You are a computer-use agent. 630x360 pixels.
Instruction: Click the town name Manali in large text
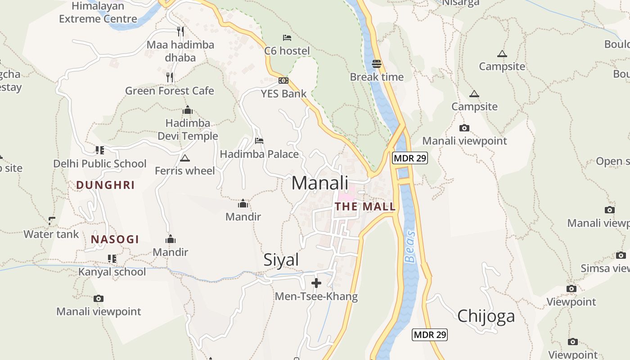click(x=320, y=183)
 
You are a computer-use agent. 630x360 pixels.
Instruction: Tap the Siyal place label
click(x=281, y=260)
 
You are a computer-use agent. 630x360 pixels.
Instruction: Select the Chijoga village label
click(x=486, y=316)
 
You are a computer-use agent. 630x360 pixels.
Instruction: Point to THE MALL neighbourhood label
click(x=365, y=207)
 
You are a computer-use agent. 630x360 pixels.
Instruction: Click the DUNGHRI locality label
click(x=105, y=185)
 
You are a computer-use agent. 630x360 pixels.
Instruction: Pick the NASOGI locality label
click(x=115, y=239)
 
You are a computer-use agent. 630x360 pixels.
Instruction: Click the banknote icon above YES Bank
click(x=283, y=81)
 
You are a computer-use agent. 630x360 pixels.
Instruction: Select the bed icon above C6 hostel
click(x=287, y=38)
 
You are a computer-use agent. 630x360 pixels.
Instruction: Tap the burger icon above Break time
click(x=377, y=64)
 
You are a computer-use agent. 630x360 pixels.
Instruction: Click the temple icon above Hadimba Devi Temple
click(x=188, y=110)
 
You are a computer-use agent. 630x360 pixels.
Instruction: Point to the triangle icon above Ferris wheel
click(x=184, y=158)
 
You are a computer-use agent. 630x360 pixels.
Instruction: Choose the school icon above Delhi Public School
click(x=99, y=150)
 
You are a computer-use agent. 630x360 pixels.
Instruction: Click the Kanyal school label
click(x=112, y=272)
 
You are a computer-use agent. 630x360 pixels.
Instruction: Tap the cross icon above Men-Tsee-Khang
click(x=316, y=283)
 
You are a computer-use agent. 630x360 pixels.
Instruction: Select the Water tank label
click(x=51, y=234)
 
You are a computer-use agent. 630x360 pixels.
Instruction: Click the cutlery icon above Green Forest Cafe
click(x=170, y=77)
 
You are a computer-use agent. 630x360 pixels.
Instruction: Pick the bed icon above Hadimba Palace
click(x=259, y=141)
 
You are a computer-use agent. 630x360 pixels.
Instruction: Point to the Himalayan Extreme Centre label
click(x=98, y=13)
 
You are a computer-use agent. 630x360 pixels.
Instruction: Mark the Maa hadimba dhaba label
click(x=180, y=51)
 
